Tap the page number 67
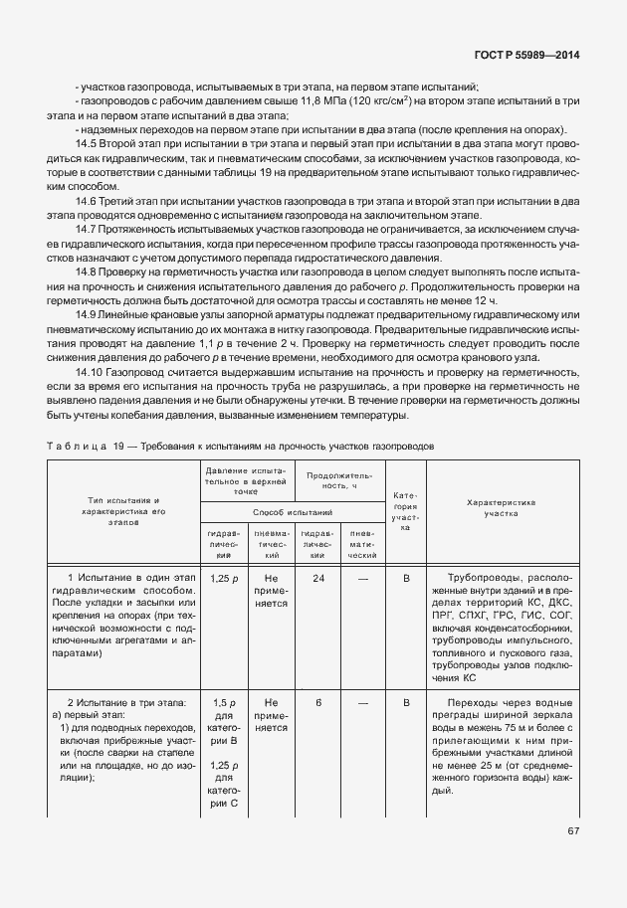coord(573,830)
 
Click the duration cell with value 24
coord(317,577)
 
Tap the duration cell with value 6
coord(317,703)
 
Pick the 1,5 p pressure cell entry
coord(224,703)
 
